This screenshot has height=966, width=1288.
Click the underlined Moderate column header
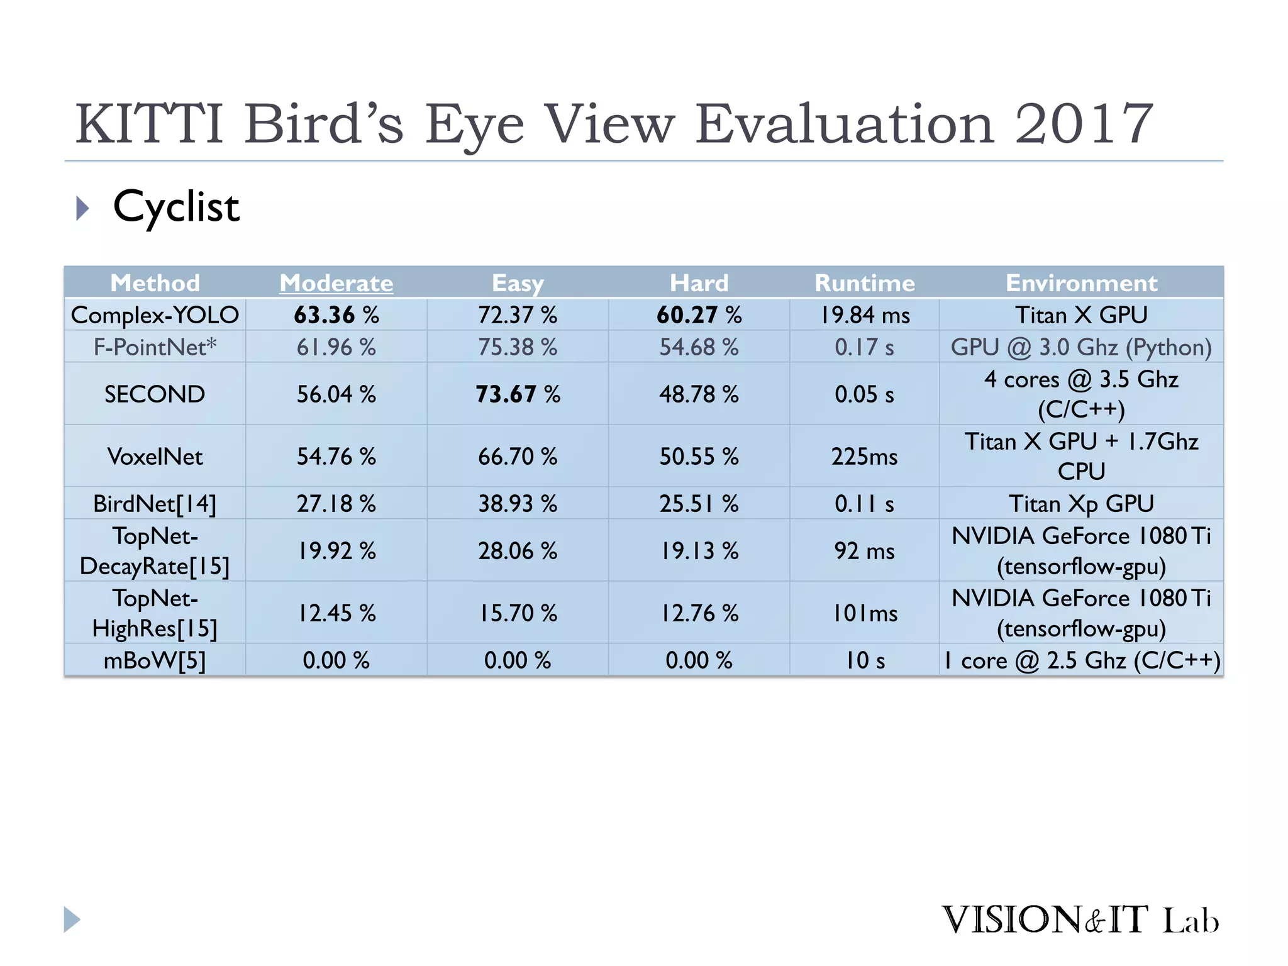pyautogui.click(x=336, y=283)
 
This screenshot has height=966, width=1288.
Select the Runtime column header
pyautogui.click(x=864, y=283)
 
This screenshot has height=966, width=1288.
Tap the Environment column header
pyautogui.click(x=1081, y=283)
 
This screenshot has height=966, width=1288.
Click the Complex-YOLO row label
pyautogui.click(x=155, y=314)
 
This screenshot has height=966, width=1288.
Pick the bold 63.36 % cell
pyautogui.click(x=336, y=314)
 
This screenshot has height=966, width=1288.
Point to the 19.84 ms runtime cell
pyautogui.click(x=864, y=314)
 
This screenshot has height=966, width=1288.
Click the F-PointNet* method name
pyautogui.click(x=155, y=347)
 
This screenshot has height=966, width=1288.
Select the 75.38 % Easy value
pyautogui.click(x=518, y=347)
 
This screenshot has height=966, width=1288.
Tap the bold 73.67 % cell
pyautogui.click(x=518, y=394)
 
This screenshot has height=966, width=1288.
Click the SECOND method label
pyautogui.click(x=155, y=394)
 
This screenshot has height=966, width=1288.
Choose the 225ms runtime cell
pyautogui.click(x=864, y=456)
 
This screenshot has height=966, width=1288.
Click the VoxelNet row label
pyautogui.click(x=155, y=456)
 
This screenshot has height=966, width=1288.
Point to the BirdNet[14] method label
pyautogui.click(x=155, y=503)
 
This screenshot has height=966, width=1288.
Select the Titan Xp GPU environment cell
pyautogui.click(x=1081, y=503)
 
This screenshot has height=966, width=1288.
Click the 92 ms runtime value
pyautogui.click(x=864, y=550)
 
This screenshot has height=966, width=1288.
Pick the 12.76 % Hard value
pyautogui.click(x=699, y=613)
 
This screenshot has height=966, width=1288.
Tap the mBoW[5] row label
pyautogui.click(x=155, y=660)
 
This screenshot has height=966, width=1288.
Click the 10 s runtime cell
pyautogui.click(x=864, y=660)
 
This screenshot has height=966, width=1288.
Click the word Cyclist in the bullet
pyautogui.click(x=176, y=207)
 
